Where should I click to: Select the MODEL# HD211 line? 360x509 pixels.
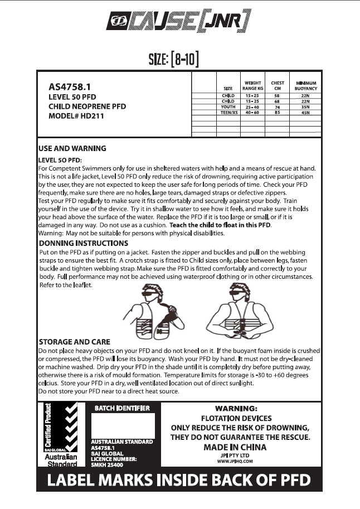[x=76, y=116]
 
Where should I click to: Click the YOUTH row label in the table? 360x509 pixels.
[x=228, y=106]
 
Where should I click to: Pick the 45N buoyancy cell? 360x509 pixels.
[x=307, y=112]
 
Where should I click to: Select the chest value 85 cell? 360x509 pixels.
[x=277, y=112]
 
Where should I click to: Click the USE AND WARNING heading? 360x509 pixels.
[x=72, y=149]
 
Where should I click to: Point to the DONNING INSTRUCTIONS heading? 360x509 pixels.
[x=83, y=243]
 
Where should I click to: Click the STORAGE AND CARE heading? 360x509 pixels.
[x=74, y=341]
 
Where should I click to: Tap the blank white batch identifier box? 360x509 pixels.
[x=122, y=425]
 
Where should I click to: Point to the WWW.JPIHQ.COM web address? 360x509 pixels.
[x=235, y=461]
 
